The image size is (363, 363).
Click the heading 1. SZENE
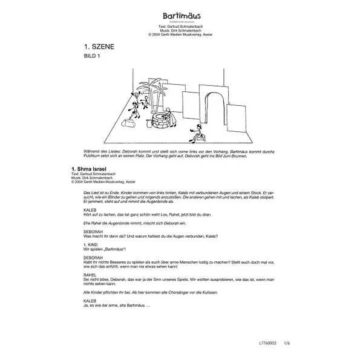coord(100,46)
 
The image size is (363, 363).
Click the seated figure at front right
coord(197,132)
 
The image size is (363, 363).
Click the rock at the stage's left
coord(128,123)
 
